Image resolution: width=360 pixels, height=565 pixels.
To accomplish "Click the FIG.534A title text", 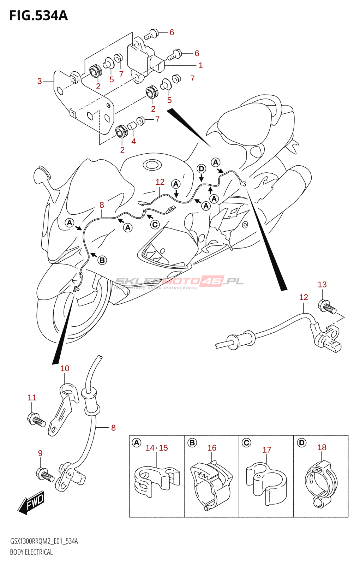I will (x=38, y=16).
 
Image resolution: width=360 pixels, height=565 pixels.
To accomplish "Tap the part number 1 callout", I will (x=200, y=65).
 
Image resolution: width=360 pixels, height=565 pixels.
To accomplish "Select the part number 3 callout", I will (x=40, y=81).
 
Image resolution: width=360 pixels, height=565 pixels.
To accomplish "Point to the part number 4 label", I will (x=133, y=141).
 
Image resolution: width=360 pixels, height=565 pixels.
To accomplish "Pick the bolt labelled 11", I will (x=36, y=420).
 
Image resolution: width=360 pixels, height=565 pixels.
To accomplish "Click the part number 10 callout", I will (x=65, y=368).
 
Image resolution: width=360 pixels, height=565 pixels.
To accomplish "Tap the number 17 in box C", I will (x=267, y=450).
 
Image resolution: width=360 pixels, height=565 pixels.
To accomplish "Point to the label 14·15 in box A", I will (x=157, y=448).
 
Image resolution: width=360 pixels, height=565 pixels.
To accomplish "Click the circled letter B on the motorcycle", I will (x=102, y=260).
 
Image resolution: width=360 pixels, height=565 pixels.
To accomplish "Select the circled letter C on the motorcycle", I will (x=155, y=225).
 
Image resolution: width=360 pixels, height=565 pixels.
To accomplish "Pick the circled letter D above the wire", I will (x=201, y=168).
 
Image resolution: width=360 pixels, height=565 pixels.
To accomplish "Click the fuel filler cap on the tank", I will (x=152, y=165).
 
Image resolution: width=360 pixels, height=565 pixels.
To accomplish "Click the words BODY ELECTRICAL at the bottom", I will (x=31, y=552).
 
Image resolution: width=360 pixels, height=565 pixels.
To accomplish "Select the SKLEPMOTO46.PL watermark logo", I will (x=179, y=281).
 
